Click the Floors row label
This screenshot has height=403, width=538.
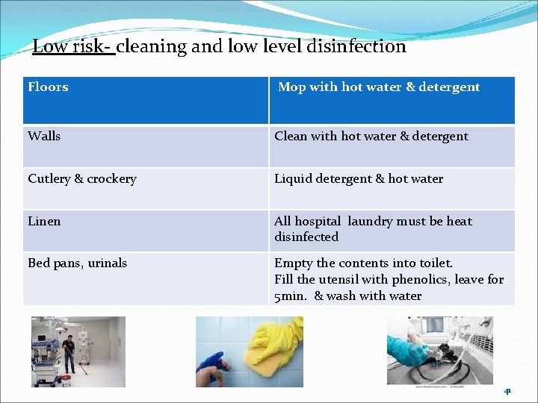48,87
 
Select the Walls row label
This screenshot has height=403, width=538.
44,136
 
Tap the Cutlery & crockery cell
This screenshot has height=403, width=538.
82,179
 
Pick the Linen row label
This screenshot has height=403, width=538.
44,222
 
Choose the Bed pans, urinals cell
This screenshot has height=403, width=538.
77,263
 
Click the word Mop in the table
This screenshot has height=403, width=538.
291,87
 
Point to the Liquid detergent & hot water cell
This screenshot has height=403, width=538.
359,179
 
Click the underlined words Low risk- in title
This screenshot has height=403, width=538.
72,46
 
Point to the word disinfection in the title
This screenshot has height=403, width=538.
355,46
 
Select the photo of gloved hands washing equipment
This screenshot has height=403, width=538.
439,351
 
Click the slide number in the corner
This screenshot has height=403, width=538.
507,390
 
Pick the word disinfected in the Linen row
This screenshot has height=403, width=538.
306,237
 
